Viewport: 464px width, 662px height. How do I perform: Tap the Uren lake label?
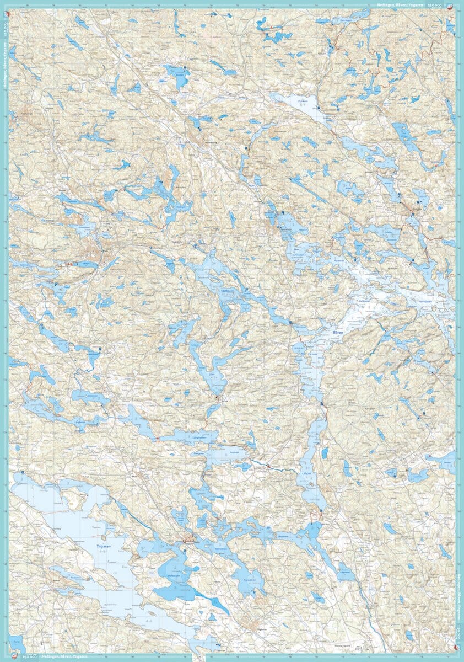[x=211, y=373]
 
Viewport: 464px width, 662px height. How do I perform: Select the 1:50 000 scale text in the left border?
[x=5, y=30]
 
